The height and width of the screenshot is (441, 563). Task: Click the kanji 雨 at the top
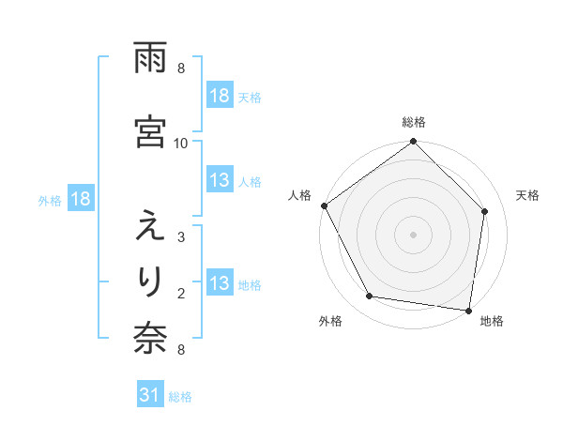tap(150, 58)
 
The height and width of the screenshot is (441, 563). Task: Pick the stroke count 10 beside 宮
tap(181, 143)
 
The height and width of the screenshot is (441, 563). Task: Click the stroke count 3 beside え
tap(181, 237)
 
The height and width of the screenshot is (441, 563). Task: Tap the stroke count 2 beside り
tap(181, 294)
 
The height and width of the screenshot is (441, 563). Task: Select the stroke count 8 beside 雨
tap(181, 68)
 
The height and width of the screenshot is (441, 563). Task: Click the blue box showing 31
tap(149, 396)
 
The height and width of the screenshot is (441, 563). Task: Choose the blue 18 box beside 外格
tap(80, 199)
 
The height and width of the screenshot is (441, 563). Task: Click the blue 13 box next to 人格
tap(220, 181)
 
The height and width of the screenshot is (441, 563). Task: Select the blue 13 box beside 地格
tap(220, 284)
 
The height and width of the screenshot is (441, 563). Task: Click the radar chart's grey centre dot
tap(413, 234)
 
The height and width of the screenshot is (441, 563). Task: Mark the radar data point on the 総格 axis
tap(413, 143)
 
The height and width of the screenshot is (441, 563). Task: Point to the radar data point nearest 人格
tap(325, 205)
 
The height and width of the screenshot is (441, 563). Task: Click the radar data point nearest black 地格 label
tap(469, 310)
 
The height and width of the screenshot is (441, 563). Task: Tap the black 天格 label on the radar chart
tap(527, 195)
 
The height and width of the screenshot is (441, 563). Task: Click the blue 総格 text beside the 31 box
tap(180, 397)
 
